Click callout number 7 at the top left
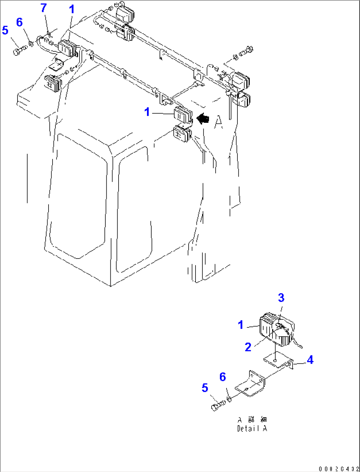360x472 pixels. pos(44,8)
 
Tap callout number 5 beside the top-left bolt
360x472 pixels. pos(5,30)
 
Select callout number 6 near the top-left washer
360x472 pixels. pos(19,22)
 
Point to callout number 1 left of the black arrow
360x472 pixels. pos(147,112)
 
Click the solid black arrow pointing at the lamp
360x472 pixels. pos(203,118)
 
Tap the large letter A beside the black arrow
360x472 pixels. pos(218,122)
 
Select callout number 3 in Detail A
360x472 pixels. pos(281,298)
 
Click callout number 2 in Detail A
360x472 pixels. pos(248,347)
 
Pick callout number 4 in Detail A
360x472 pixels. pos(310,360)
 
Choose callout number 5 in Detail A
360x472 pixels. pos(205,388)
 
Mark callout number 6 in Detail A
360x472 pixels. pos(223,377)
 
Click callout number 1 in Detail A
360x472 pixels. pos(241,325)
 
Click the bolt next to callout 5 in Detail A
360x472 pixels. pos(217,405)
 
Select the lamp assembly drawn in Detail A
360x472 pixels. pos(277,331)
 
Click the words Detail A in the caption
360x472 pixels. pos(252,429)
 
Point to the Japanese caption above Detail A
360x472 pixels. pos(252,420)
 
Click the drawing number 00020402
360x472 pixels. pos(339,469)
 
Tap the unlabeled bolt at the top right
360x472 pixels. pos(245,52)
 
